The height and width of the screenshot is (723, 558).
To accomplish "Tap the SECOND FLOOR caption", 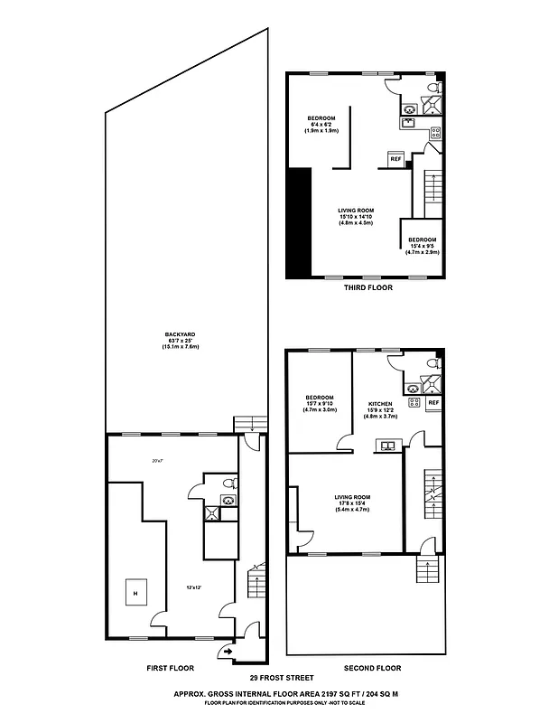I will (372, 669).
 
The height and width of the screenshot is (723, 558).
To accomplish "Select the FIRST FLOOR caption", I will (170, 669).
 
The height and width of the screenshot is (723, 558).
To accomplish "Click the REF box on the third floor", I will (395, 159).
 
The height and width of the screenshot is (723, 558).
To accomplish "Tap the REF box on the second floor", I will (432, 402).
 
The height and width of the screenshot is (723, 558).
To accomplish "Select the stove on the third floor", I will (434, 134).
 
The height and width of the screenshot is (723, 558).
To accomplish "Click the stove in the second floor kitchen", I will (414, 402).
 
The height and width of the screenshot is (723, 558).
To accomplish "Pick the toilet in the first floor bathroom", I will (231, 482).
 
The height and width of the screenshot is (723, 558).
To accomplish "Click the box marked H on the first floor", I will (135, 592).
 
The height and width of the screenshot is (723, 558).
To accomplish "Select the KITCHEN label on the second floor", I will (380, 404).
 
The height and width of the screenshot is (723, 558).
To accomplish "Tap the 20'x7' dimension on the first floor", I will (157, 462).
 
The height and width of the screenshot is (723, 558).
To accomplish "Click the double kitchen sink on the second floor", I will (389, 445).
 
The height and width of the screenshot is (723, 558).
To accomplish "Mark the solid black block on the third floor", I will (299, 223).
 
